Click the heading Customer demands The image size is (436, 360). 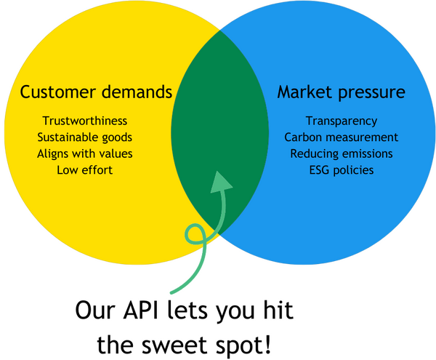96,93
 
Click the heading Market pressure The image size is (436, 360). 341,93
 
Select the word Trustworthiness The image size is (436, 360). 86,121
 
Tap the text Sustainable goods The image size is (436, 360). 86,137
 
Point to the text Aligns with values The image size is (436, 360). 86,153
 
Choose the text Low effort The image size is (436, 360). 86,170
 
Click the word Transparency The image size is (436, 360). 342,121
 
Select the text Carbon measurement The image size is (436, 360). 342,137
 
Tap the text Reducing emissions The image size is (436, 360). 342,153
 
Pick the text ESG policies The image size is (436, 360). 342,170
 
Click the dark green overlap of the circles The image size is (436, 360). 218,124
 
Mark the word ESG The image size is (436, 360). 320,170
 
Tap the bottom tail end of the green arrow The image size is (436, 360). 171,293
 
